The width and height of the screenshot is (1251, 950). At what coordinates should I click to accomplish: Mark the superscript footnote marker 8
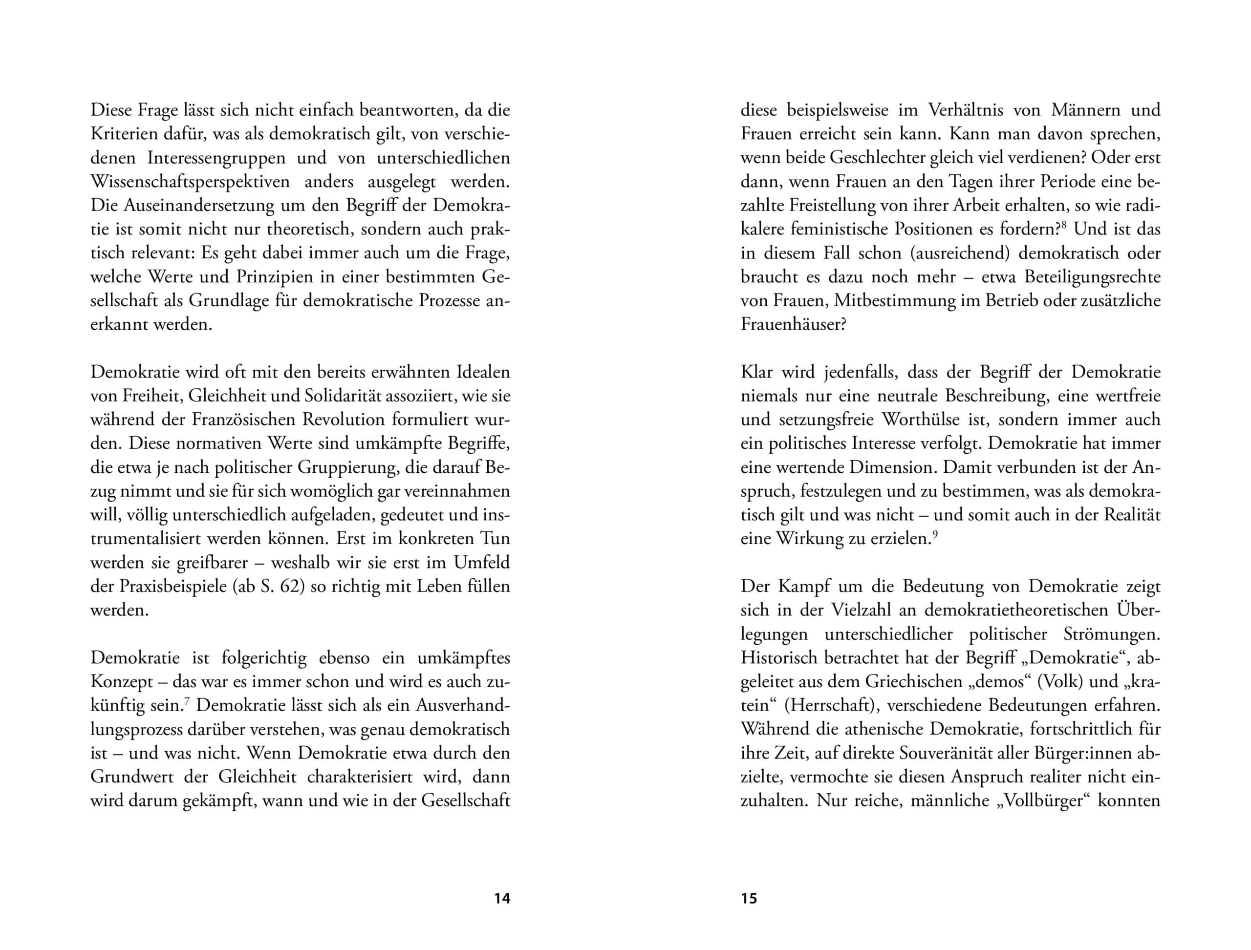[x=1064, y=226]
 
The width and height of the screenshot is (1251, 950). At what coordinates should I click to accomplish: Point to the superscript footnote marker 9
[x=935, y=534]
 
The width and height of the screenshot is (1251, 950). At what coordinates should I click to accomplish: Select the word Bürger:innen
[x=1078, y=753]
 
